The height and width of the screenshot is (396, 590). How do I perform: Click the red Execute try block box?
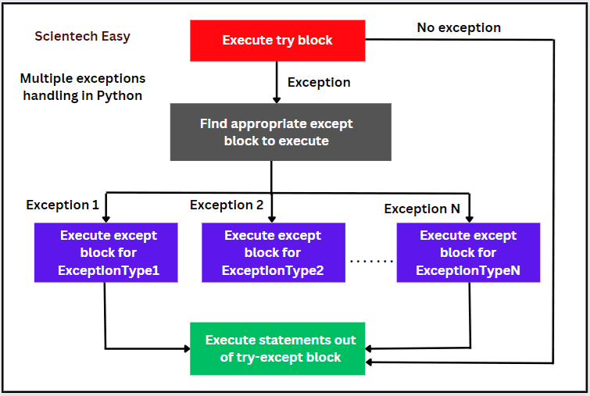coord(277,41)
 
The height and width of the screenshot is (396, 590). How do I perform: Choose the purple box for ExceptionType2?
coord(273,253)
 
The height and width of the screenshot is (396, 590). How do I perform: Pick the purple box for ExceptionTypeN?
coord(467,253)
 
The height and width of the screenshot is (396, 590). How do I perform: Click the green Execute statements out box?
coord(280,348)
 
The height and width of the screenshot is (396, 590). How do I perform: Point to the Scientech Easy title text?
coord(82,37)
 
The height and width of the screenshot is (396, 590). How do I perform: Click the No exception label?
coord(459,28)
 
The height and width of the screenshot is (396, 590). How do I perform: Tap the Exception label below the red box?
coord(319,82)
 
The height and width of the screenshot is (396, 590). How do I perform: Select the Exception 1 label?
coord(63,205)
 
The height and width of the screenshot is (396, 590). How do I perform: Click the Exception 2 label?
coord(227,205)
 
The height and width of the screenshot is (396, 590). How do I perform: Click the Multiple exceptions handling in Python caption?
coord(82,87)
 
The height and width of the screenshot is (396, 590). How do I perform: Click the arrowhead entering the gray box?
coord(276,100)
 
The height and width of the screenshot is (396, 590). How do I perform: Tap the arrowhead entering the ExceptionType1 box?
coord(105,218)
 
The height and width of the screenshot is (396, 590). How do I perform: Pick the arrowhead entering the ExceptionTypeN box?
coord(470,218)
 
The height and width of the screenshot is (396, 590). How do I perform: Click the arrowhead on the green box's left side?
coord(186,348)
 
